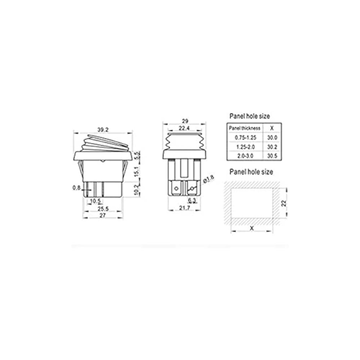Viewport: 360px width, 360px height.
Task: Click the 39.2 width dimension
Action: click(103, 130)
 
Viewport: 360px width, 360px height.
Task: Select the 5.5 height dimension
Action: click(136, 156)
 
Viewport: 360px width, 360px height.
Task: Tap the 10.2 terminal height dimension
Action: click(136, 190)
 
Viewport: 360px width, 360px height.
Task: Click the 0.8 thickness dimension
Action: click(76, 187)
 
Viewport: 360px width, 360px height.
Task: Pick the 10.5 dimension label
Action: click(95, 201)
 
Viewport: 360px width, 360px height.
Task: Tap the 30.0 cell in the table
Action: click(272, 138)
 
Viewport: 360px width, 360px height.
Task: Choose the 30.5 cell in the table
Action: click(272, 156)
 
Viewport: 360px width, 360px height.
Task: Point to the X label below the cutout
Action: click(251, 228)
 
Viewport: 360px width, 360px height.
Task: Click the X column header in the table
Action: click(272, 128)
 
